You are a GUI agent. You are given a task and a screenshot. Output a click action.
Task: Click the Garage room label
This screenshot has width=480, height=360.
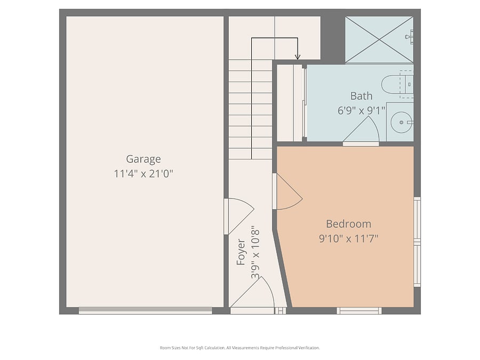(143, 159)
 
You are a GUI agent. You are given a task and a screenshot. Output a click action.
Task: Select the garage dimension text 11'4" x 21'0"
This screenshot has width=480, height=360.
(143, 174)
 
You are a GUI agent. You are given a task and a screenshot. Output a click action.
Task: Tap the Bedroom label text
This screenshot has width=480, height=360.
(348, 224)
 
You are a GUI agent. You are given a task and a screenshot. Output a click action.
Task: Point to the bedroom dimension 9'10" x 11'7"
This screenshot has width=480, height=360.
(349, 238)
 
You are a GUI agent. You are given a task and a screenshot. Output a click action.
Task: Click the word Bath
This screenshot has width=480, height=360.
(361, 96)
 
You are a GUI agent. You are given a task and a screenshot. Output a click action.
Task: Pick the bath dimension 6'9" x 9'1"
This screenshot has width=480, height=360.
(361, 110)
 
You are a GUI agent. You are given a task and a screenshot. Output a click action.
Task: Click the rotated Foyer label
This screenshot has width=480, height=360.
(241, 252)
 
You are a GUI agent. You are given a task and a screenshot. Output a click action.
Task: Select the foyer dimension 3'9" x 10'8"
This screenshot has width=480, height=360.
(255, 252)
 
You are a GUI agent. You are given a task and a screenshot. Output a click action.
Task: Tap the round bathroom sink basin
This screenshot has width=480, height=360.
(401, 122)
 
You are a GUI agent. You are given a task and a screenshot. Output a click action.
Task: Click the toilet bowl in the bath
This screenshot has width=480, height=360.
(390, 84)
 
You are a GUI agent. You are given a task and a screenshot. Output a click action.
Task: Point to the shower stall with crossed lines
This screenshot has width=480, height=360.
(379, 39)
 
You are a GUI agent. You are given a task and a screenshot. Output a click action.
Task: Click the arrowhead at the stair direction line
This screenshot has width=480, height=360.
(298, 57)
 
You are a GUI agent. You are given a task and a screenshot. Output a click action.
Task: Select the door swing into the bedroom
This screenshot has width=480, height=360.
(287, 191)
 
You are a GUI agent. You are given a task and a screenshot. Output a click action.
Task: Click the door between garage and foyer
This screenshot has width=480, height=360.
(239, 217)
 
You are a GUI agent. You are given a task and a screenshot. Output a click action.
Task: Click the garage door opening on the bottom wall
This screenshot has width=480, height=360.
(146, 311)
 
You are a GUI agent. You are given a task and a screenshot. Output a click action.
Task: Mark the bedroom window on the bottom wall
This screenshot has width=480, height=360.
(359, 311)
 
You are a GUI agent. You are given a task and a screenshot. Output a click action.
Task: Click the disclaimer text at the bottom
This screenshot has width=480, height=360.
(239, 348)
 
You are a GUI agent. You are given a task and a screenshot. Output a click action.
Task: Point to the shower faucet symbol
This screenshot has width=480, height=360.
(410, 36)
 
